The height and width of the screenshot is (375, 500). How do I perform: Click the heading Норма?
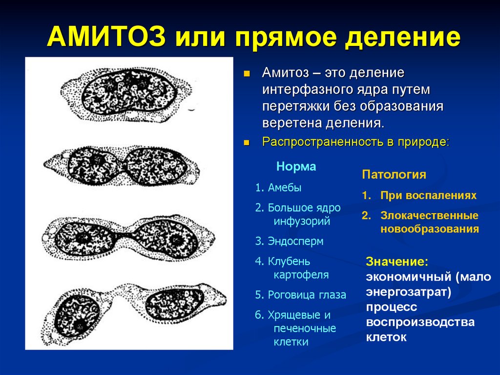(296, 167)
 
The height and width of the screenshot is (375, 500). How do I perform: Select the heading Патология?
(394, 175)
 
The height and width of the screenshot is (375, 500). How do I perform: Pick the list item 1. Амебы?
(278, 188)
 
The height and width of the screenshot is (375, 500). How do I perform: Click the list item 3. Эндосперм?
(289, 241)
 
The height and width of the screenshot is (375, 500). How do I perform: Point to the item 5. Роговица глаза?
(300, 295)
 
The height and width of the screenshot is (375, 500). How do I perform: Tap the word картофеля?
(301, 275)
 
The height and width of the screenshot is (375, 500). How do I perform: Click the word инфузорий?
(302, 221)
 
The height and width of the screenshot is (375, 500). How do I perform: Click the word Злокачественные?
(429, 215)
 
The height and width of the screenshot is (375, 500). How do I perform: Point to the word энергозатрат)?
(408, 292)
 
